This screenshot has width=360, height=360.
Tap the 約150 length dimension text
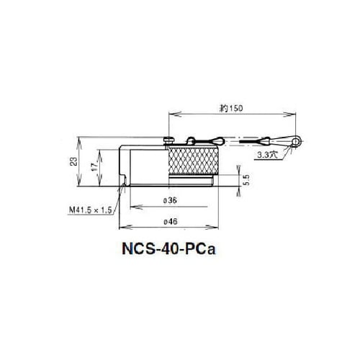click(x=230, y=107)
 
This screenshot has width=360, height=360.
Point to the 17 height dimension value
click(x=94, y=167)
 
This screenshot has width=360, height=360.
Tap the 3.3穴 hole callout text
click(x=265, y=155)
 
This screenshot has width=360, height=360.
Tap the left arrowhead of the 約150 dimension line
click(x=171, y=114)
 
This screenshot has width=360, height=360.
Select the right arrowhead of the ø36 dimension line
click(x=213, y=193)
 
